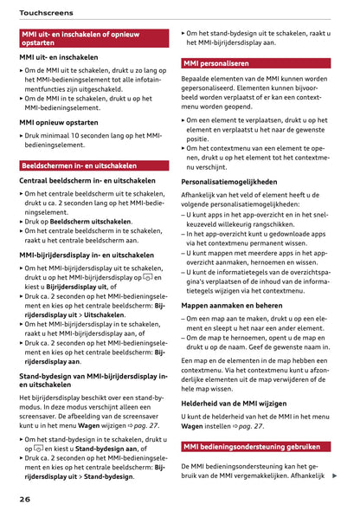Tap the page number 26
click(x=26, y=500)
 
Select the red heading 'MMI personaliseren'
click(x=215, y=63)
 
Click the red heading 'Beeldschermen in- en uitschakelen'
click(x=79, y=165)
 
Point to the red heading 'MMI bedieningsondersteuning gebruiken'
click(x=251, y=447)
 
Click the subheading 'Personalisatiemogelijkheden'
click(x=228, y=182)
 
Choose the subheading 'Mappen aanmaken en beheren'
click(x=231, y=305)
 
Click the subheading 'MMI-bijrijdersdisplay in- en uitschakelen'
click(x=87, y=255)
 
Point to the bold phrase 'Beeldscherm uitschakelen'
click(x=90, y=221)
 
